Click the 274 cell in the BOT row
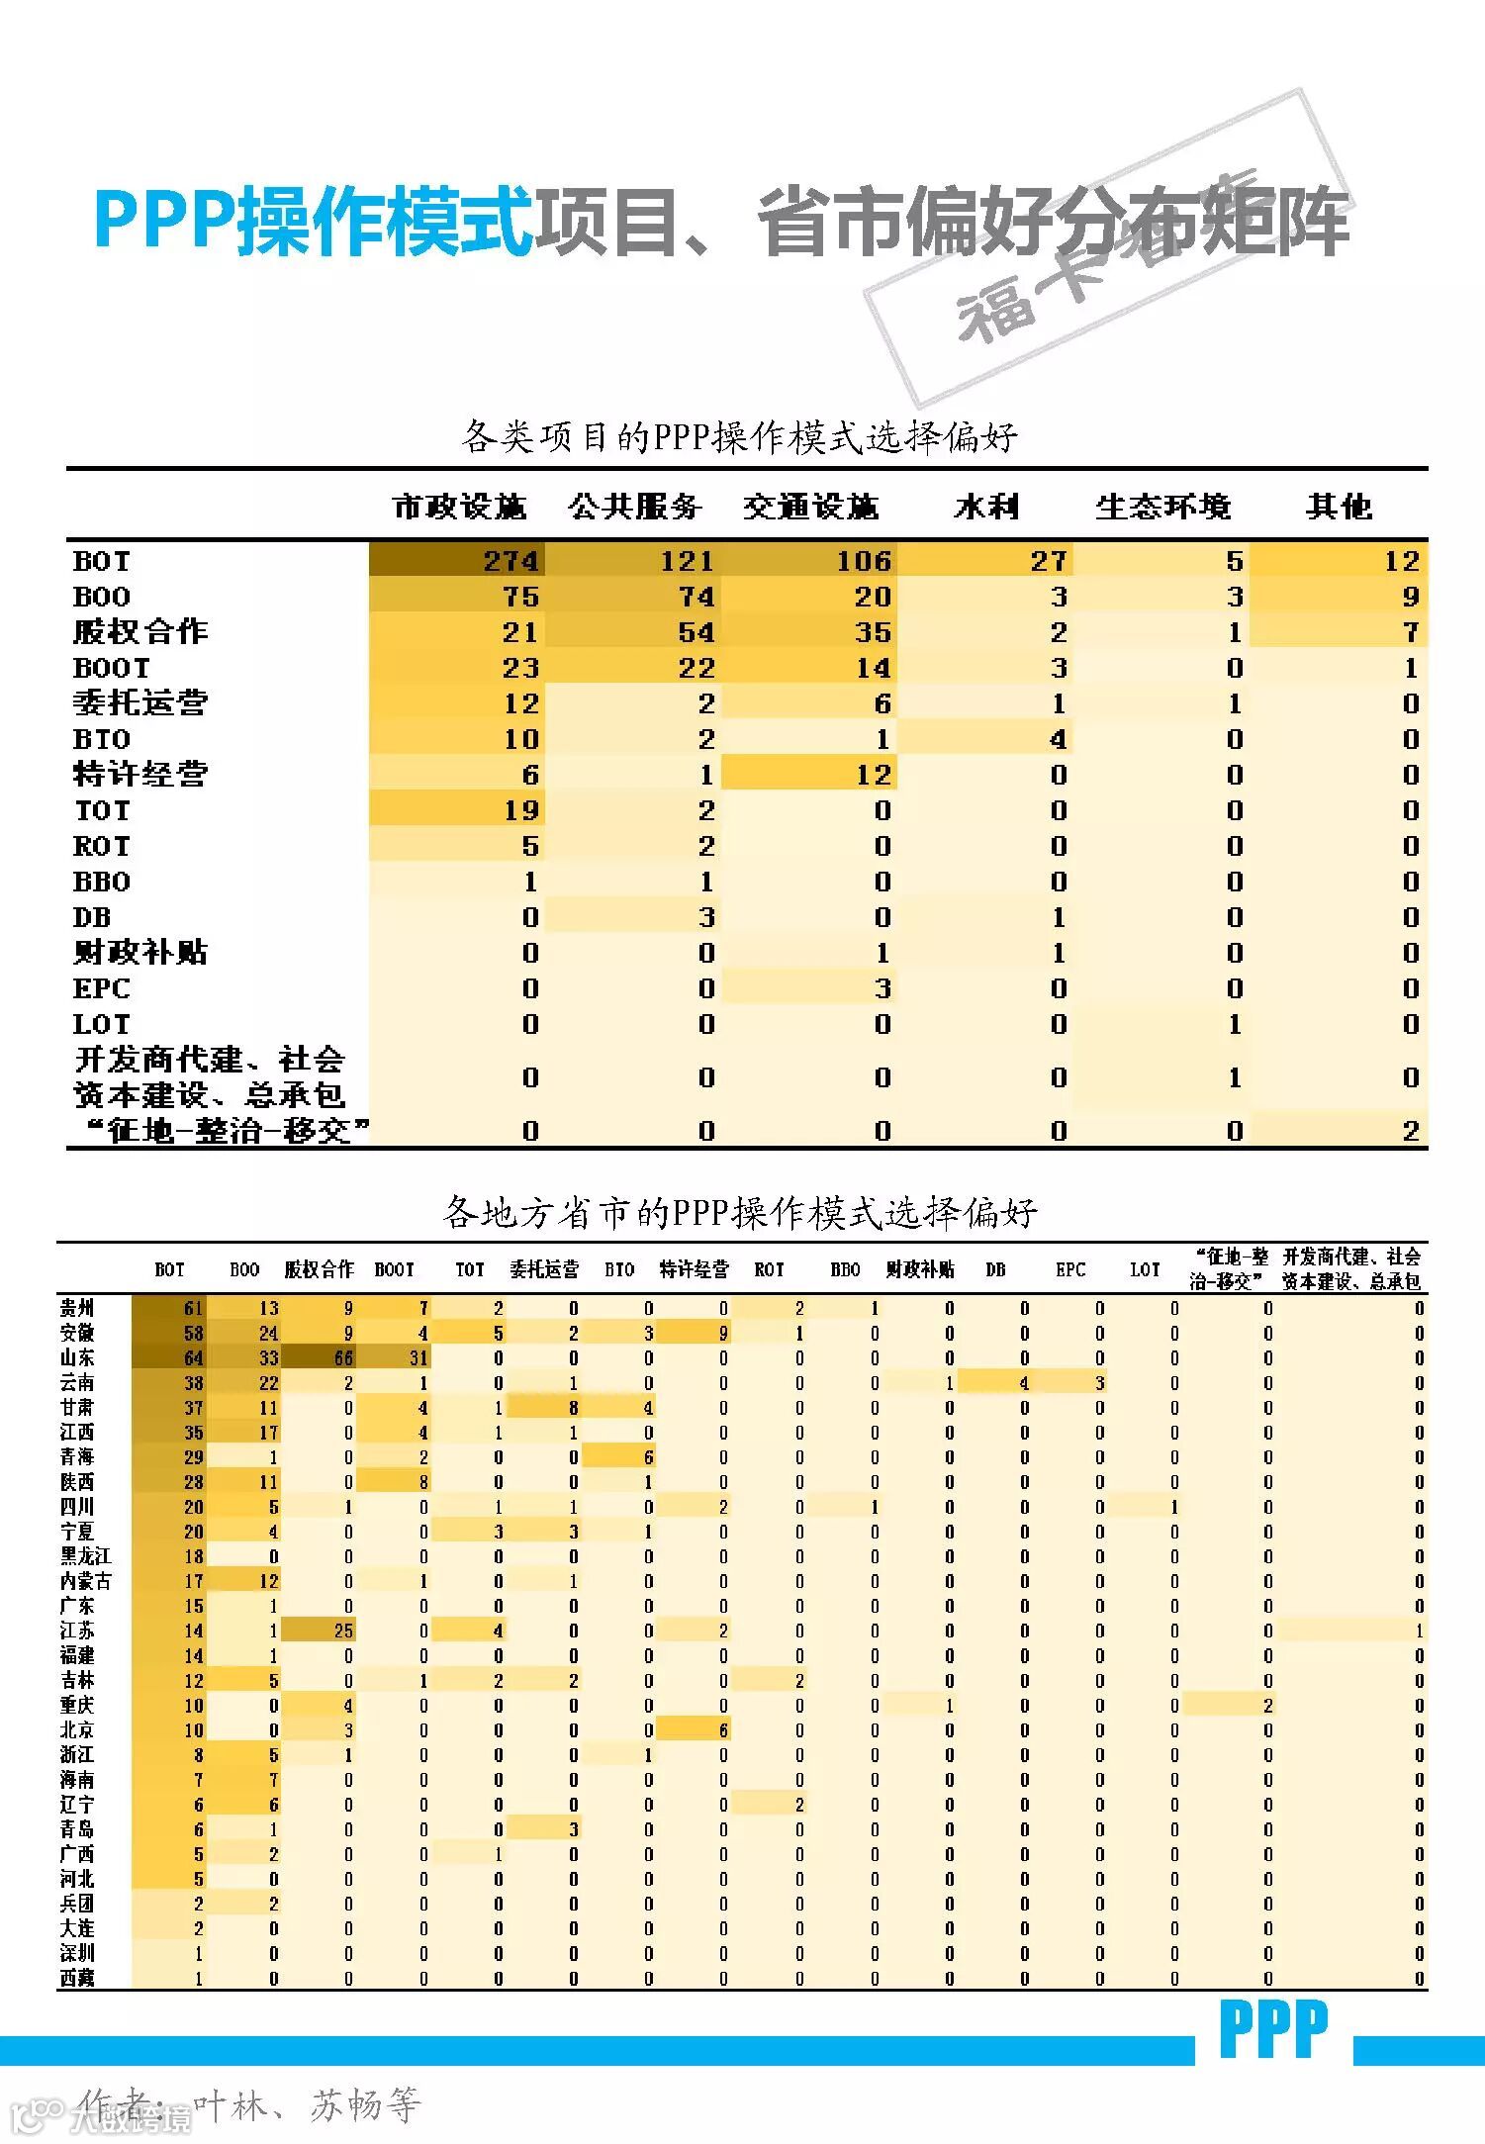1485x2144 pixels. click(510, 561)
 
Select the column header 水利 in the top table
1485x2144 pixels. click(986, 507)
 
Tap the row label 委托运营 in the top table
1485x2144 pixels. click(140, 703)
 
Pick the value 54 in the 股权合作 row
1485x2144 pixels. click(696, 632)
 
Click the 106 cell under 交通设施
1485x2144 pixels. click(864, 561)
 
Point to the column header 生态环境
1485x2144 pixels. click(1162, 507)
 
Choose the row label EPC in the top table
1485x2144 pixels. click(101, 988)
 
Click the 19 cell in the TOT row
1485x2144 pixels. click(520, 810)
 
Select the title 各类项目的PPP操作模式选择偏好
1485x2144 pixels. click(740, 436)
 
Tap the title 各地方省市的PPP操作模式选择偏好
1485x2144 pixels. click(740, 1212)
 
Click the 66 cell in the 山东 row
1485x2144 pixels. click(342, 1358)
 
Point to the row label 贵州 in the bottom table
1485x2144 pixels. click(77, 1308)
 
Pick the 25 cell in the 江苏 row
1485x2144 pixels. click(342, 1631)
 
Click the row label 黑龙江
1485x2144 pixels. click(85, 1556)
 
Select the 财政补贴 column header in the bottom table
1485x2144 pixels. click(920, 1269)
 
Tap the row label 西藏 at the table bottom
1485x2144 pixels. click(77, 1978)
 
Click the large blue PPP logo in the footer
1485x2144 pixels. click(1274, 2029)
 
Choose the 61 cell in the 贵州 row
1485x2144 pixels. click(193, 1308)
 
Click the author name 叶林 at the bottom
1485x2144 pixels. click(229, 2105)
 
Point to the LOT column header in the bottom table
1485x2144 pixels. click(1145, 1269)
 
